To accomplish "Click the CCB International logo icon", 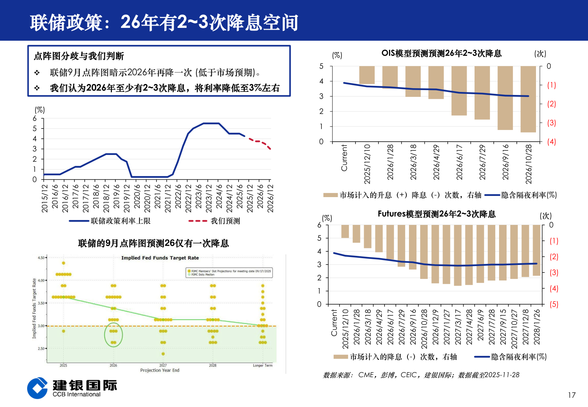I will (x=38, y=388).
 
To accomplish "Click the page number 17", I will (x=571, y=395).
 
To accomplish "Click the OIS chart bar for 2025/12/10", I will (x=367, y=75).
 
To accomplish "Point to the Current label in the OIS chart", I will (x=344, y=158).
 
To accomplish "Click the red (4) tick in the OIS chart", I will (x=551, y=142).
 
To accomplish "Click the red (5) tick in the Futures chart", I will (x=554, y=304).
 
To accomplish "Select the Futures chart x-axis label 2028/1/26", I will (x=537, y=327).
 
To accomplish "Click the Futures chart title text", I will (x=436, y=214).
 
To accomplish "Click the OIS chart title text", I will (x=441, y=54).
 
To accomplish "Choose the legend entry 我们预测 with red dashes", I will (x=225, y=221).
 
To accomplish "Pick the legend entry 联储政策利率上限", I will (x=120, y=221).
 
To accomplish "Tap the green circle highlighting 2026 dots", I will (x=113, y=335).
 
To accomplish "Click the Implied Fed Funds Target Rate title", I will (x=160, y=258).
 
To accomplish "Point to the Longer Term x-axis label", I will (x=262, y=366).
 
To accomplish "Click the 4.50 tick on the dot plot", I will (x=41, y=258).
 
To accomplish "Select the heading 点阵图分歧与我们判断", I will (x=79, y=56).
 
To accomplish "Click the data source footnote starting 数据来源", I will (x=421, y=375).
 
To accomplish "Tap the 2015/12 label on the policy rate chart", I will (x=45, y=198).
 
